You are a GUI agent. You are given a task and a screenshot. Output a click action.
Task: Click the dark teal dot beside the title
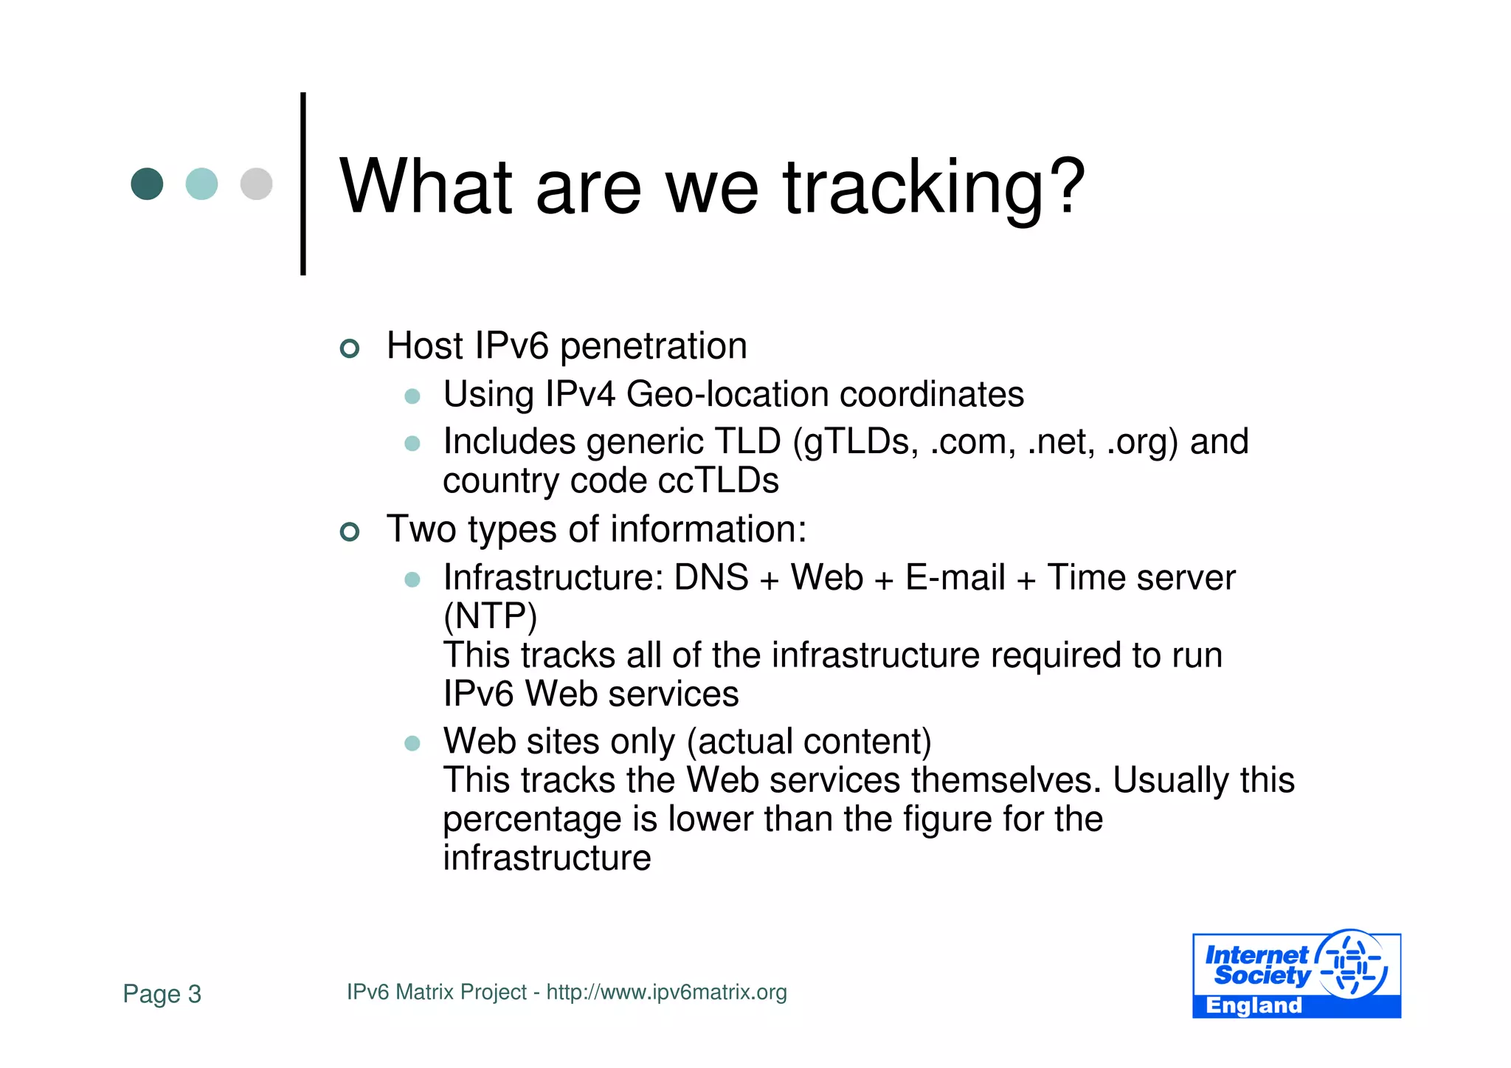click(x=147, y=184)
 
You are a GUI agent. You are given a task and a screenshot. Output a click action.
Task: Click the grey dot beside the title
click(x=256, y=184)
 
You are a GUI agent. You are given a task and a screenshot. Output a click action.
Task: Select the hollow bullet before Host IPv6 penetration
click(x=350, y=348)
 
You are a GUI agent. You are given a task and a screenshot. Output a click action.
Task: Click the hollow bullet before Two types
click(x=350, y=531)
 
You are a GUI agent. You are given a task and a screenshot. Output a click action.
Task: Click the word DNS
click(x=711, y=577)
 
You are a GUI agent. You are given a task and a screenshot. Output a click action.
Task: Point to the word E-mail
click(x=955, y=577)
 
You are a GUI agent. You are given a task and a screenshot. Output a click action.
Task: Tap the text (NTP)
click(x=490, y=616)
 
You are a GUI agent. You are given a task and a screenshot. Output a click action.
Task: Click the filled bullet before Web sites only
click(x=412, y=743)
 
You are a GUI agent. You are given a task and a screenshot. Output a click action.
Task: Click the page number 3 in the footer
click(x=194, y=994)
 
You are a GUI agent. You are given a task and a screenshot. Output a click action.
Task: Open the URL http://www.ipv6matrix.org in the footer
click(x=666, y=992)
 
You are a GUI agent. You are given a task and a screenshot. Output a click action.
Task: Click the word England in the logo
click(x=1254, y=1005)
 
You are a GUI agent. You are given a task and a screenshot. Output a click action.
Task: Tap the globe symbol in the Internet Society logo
click(x=1352, y=963)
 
